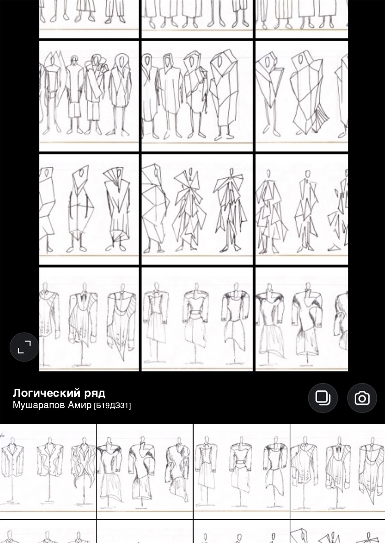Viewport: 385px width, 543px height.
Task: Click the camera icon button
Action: point(362,398)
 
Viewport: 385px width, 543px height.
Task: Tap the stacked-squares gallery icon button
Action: point(322,398)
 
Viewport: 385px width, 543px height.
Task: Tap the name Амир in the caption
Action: point(79,405)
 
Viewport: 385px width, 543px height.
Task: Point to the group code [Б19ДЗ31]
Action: point(112,406)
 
